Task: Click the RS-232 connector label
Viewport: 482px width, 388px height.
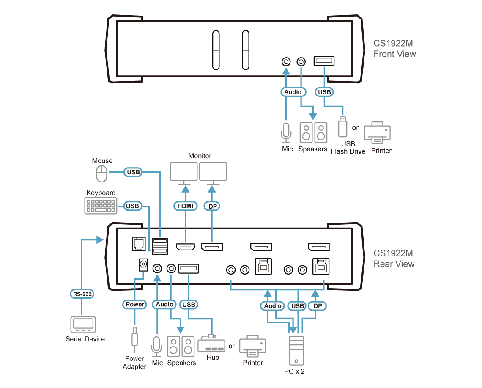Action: point(82,294)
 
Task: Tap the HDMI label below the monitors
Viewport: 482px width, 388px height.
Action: point(185,206)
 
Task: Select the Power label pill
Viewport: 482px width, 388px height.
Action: point(134,304)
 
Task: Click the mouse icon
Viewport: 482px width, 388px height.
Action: point(102,174)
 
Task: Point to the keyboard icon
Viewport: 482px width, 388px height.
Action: point(101,206)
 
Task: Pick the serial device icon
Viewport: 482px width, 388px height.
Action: point(83,325)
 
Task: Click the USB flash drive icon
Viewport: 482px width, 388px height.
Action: point(342,127)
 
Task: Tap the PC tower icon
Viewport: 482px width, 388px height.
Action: point(296,350)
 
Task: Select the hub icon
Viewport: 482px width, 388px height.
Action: point(211,344)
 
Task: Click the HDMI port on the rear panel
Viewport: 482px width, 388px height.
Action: point(185,247)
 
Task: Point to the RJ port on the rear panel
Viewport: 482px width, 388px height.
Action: point(139,244)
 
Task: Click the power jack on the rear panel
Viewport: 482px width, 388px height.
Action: point(143,264)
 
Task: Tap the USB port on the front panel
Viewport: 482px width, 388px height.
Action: point(324,61)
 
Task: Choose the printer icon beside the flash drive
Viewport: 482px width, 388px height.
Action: point(377,132)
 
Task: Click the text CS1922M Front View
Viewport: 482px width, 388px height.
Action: point(395,49)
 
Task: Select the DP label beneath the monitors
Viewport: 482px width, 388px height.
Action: point(212,206)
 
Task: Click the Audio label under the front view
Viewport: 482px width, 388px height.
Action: point(293,92)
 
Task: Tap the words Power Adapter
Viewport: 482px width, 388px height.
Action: point(134,363)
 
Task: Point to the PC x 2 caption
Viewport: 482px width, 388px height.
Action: point(295,371)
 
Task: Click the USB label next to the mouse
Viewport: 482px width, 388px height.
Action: point(133,172)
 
